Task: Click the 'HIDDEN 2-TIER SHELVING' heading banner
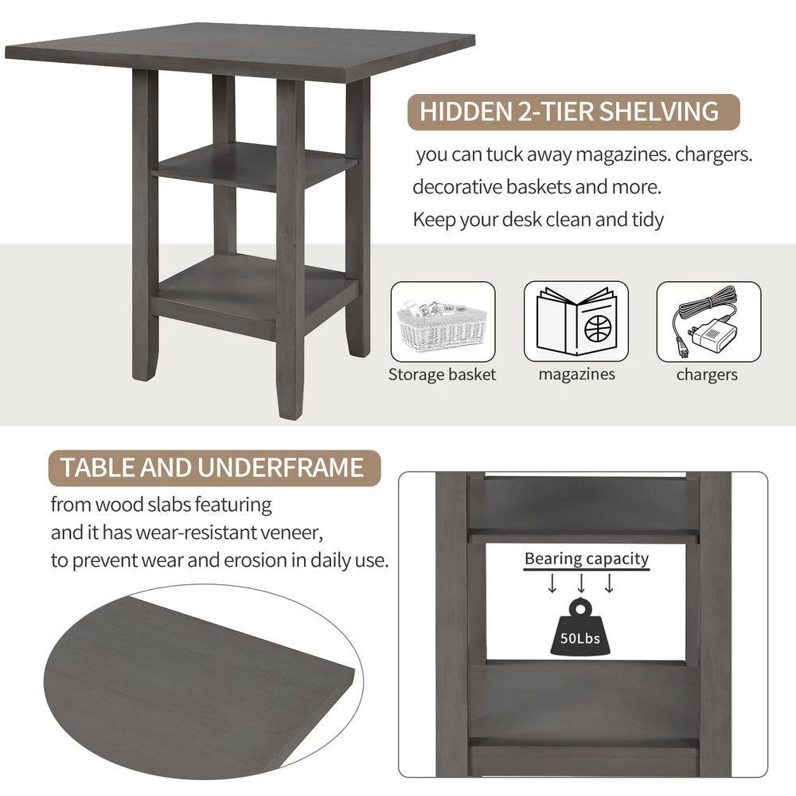click(x=569, y=111)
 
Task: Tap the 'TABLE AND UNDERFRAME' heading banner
click(x=213, y=467)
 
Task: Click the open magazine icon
click(x=576, y=322)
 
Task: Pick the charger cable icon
click(x=708, y=322)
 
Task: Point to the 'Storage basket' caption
click(x=442, y=374)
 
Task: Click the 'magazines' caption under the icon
click(x=576, y=374)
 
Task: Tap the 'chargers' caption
click(x=707, y=374)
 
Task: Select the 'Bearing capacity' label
click(x=587, y=559)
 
